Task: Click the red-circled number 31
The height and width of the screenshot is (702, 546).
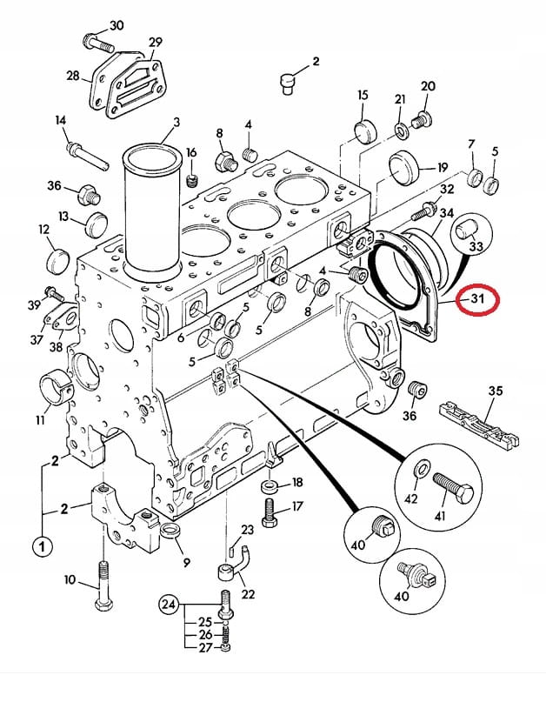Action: click(477, 300)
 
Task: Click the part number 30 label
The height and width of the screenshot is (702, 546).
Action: click(117, 25)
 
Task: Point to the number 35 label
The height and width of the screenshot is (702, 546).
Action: click(495, 391)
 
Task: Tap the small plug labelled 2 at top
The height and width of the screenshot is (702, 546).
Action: click(288, 82)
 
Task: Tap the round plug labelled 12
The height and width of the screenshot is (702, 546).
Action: click(58, 258)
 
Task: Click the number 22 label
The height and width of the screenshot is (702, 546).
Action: click(247, 593)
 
